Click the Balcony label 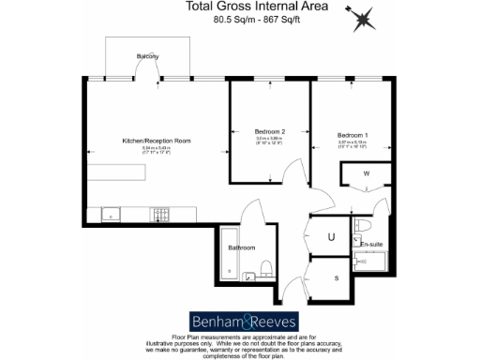coord(146,56)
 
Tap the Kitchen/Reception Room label coord(157,141)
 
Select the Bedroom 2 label coord(269,131)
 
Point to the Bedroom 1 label coord(352,136)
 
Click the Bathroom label coord(242,247)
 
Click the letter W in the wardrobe coord(367,173)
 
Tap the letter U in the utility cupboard coord(330,237)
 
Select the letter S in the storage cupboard coord(337,277)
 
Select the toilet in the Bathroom coord(265,268)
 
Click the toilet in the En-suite coord(364,227)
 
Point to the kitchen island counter coord(117,173)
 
